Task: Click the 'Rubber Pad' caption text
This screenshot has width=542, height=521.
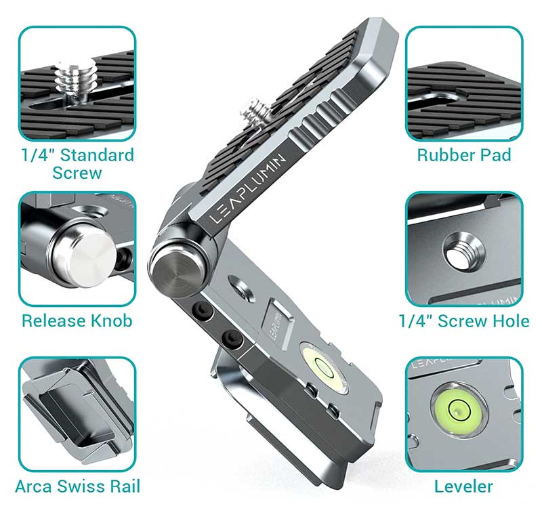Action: point(464,155)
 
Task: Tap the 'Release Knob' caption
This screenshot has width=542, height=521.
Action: point(77,321)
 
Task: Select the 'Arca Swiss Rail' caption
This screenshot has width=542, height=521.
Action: point(78,486)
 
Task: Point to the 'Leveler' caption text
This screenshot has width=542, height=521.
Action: point(463,486)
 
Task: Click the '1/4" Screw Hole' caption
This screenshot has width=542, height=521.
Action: point(464,321)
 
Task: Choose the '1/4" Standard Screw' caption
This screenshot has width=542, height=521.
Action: point(77,163)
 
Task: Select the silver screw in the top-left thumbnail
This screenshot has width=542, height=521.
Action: point(75,82)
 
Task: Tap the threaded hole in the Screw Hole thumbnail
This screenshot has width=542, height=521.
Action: point(464,253)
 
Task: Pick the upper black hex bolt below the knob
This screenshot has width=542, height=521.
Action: point(201,308)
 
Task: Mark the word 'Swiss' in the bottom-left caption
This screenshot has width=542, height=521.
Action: point(79,486)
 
